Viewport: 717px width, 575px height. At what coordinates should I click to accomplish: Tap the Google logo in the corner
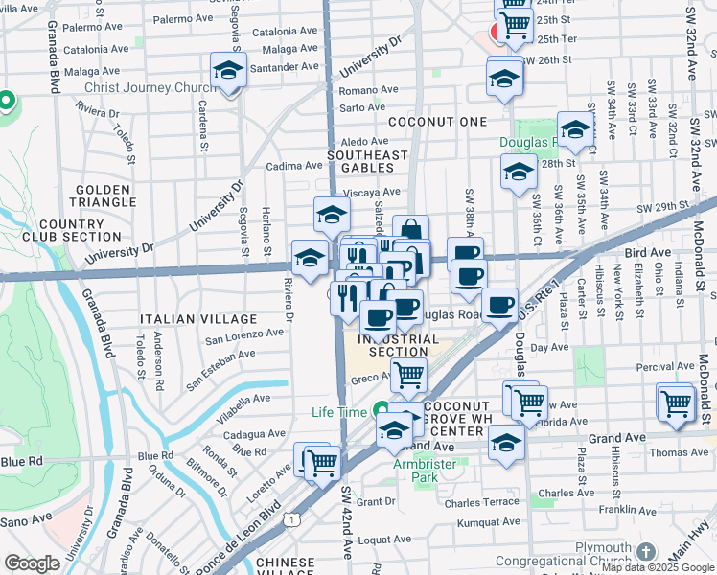33,563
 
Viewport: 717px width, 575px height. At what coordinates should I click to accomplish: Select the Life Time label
339,412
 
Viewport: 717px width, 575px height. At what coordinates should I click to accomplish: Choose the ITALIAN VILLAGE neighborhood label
198,318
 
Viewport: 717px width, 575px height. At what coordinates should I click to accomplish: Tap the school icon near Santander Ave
229,71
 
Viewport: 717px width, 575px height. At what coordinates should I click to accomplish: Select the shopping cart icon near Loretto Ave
323,462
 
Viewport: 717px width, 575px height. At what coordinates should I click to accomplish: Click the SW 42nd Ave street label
347,523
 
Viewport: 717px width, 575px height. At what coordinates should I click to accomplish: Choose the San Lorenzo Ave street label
243,334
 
